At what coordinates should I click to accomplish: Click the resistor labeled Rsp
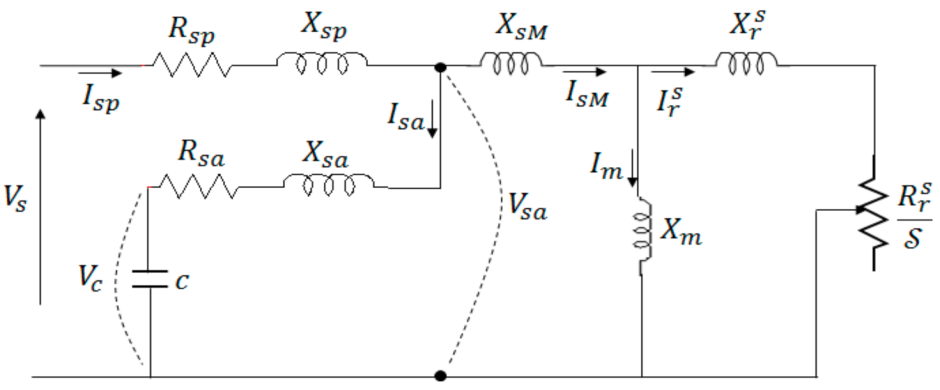tap(191, 65)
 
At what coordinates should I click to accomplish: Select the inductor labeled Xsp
tap(322, 63)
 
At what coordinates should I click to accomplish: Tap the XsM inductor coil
tap(511, 63)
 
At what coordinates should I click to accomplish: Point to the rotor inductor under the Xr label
tap(746, 63)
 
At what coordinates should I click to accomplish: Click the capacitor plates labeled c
tap(150, 279)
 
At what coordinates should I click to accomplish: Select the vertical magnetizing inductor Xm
tap(642, 235)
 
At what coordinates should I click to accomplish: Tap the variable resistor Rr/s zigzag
tap(873, 213)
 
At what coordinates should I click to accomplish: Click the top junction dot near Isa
tap(440, 67)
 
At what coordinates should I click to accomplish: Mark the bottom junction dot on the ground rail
tap(440, 376)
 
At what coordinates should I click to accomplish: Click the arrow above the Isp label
tap(100, 73)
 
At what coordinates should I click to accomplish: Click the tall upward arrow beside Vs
tap(40, 207)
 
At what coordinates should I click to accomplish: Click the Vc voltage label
tap(90, 277)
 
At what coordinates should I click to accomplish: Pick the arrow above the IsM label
tap(584, 72)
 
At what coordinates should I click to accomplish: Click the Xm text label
tap(681, 231)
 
